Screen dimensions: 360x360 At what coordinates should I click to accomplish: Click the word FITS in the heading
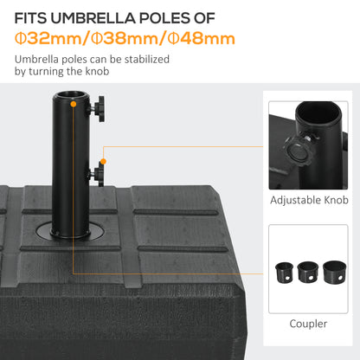[x=32, y=18]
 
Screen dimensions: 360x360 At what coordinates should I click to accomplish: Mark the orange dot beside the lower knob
[x=103, y=162]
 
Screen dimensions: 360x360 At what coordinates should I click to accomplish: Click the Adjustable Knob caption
[x=310, y=199]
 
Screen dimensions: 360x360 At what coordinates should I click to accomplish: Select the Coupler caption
[x=309, y=323]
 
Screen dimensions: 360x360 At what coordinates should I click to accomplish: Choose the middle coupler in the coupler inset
[x=307, y=273]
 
